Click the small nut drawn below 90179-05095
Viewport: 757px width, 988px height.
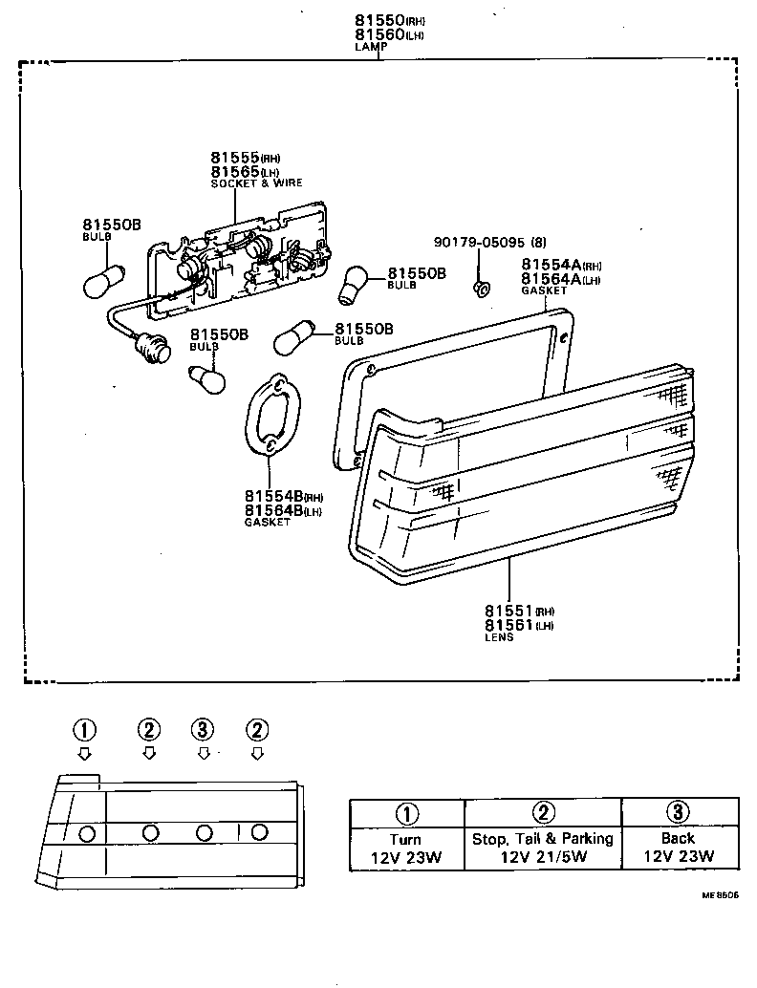click(483, 284)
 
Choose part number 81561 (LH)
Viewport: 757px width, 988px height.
click(508, 625)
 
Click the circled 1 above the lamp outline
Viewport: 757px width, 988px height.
click(84, 730)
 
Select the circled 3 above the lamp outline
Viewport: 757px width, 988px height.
click(203, 730)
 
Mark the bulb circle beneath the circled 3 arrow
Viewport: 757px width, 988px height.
click(203, 833)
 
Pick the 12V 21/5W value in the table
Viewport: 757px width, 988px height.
click(542, 857)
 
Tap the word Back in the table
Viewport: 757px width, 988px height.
click(678, 838)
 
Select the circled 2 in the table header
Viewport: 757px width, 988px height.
click(543, 813)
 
